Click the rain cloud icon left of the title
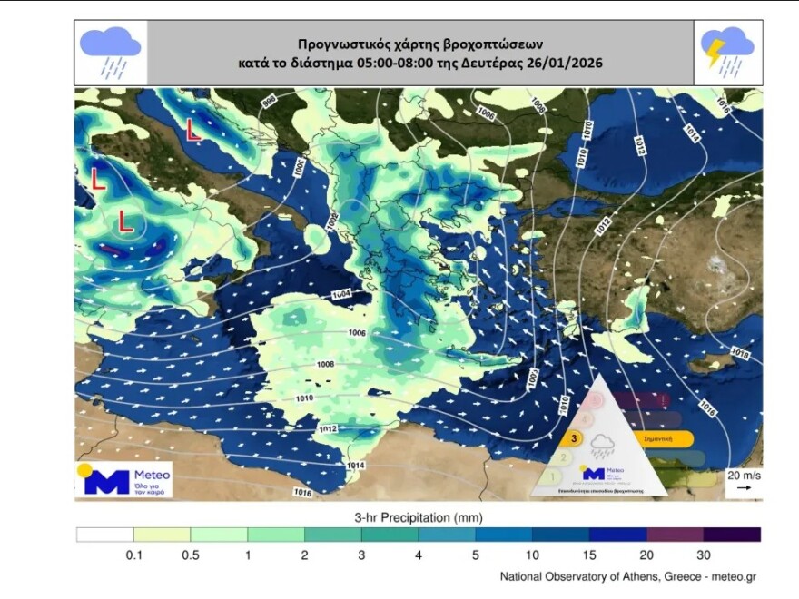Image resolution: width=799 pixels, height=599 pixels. coord(110,52)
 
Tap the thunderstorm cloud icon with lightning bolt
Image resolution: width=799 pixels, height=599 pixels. coord(727,52)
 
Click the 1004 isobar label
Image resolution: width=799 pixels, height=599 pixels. coord(341,295)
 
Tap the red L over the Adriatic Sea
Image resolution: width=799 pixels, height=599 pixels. coord(192,130)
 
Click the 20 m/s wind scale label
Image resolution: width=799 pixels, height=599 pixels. coord(743,475)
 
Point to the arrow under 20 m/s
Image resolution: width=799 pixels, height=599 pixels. coord(743,488)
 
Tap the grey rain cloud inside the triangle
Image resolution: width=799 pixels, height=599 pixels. coord(602,445)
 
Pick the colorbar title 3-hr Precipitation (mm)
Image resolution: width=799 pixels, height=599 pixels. coord(418,517)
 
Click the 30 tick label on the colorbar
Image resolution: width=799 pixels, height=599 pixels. coord(704,555)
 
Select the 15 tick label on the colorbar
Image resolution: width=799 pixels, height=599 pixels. coord(589,555)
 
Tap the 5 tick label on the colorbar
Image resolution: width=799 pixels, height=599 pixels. coord(475,555)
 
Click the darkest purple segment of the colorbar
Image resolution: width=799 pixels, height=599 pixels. coord(732,535)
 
